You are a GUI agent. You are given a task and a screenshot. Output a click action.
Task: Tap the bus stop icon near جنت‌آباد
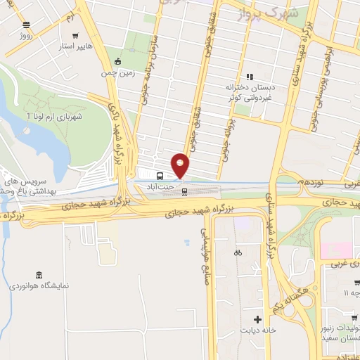click(x=161, y=176)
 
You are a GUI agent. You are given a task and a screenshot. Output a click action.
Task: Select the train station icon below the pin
click(x=185, y=191)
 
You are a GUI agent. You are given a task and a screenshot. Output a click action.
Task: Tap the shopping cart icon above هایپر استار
click(x=75, y=34)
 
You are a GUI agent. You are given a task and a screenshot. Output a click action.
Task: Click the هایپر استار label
click(x=75, y=46)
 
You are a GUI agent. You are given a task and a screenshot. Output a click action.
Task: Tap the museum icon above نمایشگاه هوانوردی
click(x=38, y=274)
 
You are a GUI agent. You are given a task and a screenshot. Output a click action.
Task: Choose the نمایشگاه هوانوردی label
click(x=38, y=287)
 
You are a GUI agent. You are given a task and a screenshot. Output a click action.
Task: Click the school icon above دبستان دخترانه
click(x=249, y=77)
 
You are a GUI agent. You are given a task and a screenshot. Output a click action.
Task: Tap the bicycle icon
click(x=238, y=252)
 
